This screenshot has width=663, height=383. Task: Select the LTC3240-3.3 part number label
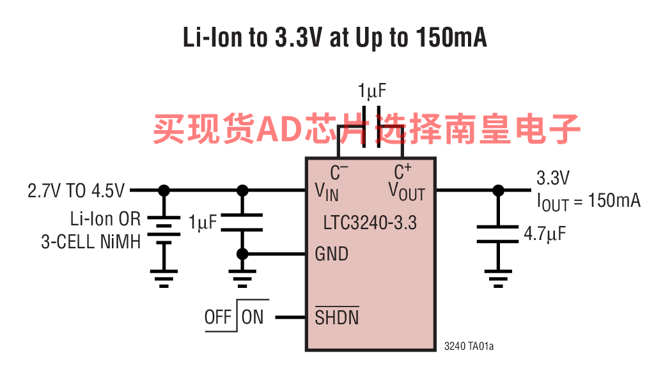click(x=370, y=223)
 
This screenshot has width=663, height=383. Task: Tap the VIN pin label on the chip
click(x=327, y=191)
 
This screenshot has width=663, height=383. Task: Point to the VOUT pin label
click(x=407, y=191)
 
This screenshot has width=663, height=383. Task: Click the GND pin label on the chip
click(x=331, y=254)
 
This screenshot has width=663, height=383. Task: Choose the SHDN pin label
click(x=336, y=317)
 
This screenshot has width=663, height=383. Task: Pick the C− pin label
click(x=339, y=172)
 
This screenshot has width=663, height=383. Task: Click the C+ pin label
click(x=402, y=172)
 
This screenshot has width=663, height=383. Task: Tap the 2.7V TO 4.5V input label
click(x=76, y=191)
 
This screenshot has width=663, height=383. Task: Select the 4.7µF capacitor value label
click(x=545, y=234)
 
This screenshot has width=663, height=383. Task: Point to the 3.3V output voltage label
click(x=553, y=177)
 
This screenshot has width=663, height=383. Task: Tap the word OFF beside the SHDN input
click(x=218, y=317)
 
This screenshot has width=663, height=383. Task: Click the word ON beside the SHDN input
click(x=253, y=317)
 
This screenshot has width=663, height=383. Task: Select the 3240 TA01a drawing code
click(x=469, y=347)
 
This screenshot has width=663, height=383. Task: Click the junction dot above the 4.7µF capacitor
click(x=498, y=190)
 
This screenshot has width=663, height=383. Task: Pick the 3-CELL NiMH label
click(x=91, y=242)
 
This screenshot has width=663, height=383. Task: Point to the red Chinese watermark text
click(x=366, y=129)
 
